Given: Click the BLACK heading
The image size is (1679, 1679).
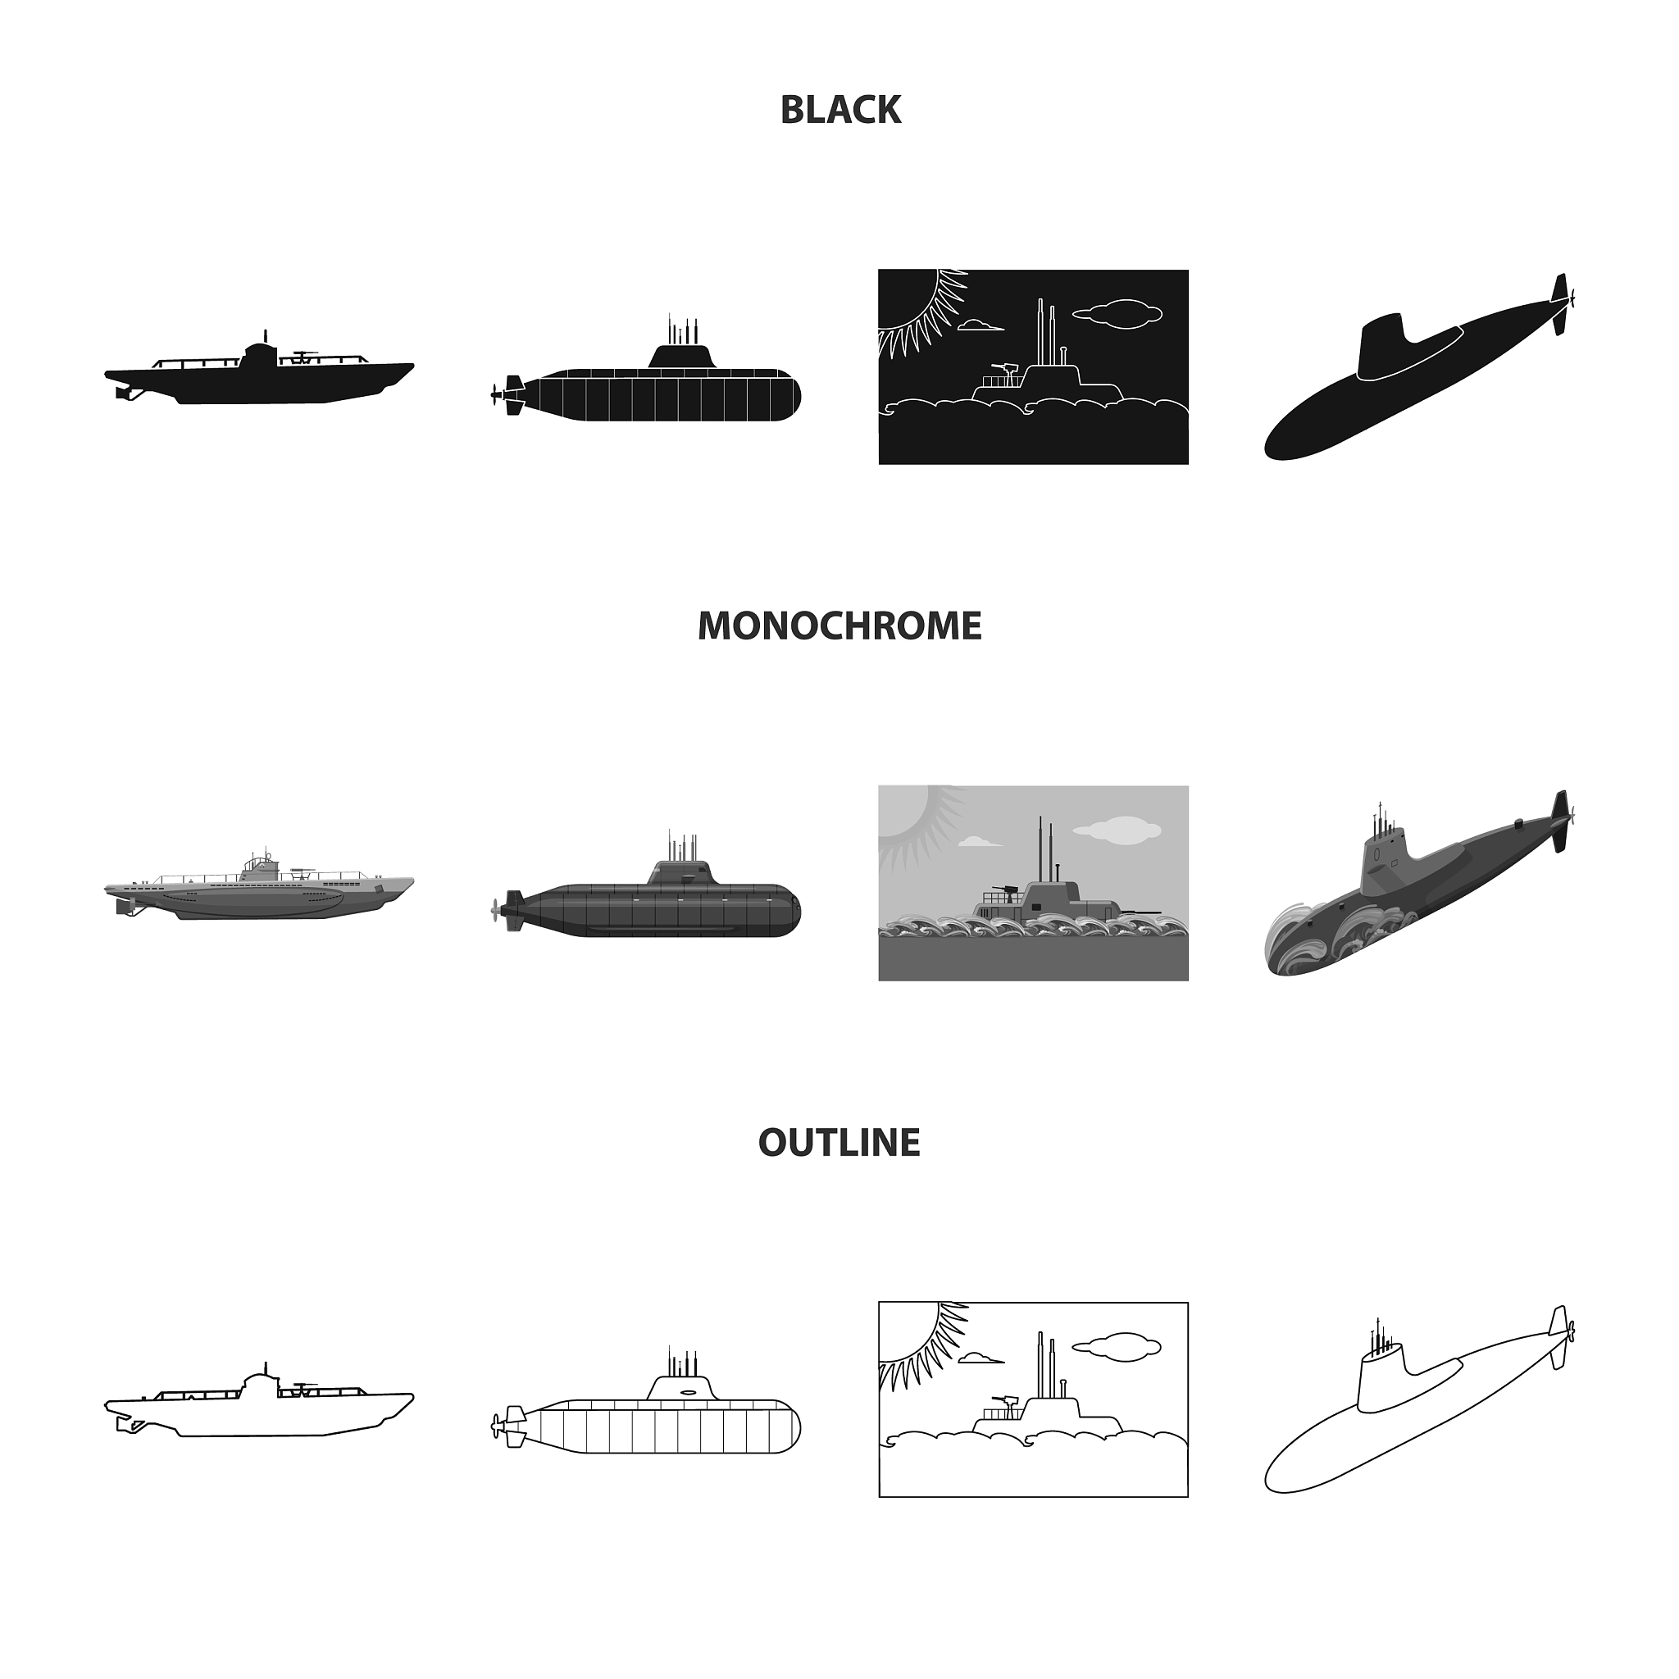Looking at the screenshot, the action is click(x=840, y=110).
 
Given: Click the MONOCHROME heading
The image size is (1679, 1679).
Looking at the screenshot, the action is click(x=839, y=626).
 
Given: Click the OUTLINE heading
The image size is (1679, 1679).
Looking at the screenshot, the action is click(x=839, y=1142).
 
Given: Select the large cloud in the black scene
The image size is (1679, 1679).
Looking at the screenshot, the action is click(x=1117, y=315).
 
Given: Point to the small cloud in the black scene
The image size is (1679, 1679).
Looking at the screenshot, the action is click(x=981, y=326).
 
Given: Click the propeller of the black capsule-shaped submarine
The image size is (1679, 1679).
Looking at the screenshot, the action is click(x=496, y=395).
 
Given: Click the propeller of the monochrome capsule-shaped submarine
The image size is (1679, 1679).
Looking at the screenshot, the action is click(x=496, y=911).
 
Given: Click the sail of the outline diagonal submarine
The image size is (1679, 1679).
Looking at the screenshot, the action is click(x=1379, y=1381).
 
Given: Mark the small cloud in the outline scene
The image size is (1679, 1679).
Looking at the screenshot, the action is click(x=981, y=1358).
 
